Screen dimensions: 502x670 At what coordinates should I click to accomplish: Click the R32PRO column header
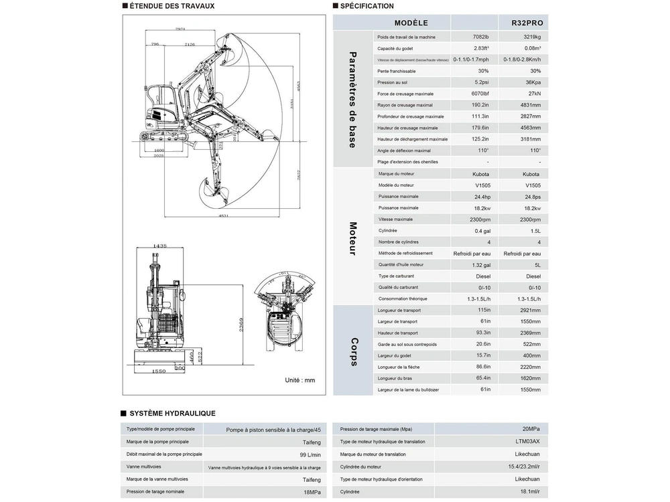point(527,23)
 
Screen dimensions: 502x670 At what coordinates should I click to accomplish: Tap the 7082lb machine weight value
point(480,37)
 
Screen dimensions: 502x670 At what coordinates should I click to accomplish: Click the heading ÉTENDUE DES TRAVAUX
point(172,6)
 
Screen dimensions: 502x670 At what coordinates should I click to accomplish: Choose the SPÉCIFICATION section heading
point(366,6)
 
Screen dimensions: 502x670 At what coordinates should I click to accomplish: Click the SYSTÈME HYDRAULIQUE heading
point(172,414)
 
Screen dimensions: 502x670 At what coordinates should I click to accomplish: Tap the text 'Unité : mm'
point(299,380)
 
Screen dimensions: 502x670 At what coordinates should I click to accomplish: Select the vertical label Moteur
point(353,238)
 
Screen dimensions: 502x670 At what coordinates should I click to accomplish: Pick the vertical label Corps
point(353,351)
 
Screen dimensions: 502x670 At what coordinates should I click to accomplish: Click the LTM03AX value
point(527,442)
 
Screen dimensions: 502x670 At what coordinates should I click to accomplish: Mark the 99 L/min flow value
point(308,454)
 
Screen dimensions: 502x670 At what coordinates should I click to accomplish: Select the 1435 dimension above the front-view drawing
point(159,246)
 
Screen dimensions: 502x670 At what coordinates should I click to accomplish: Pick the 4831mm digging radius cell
point(529,105)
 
